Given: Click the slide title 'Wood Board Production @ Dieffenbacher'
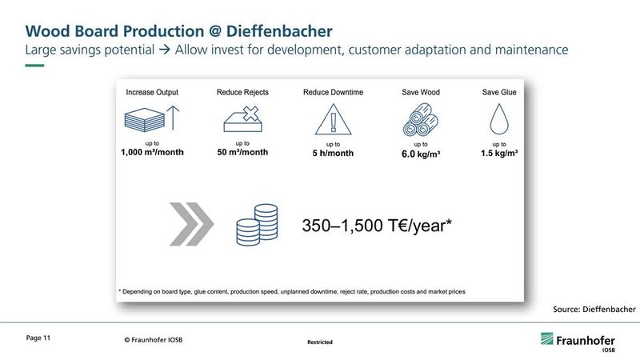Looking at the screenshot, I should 179,30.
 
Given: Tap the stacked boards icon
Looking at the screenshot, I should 145,120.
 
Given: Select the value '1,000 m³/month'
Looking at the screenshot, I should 151,152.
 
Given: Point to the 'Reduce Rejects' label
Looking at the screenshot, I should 242,93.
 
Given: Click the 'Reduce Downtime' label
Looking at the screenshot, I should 333,93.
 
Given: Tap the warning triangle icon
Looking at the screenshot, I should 333,121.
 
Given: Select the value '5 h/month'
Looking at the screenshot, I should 333,153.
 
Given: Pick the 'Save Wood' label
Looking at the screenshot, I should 420,93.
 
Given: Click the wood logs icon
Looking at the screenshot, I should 420,121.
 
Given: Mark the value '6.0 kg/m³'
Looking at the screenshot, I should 420,153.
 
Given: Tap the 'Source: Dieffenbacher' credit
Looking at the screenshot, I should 594,309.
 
